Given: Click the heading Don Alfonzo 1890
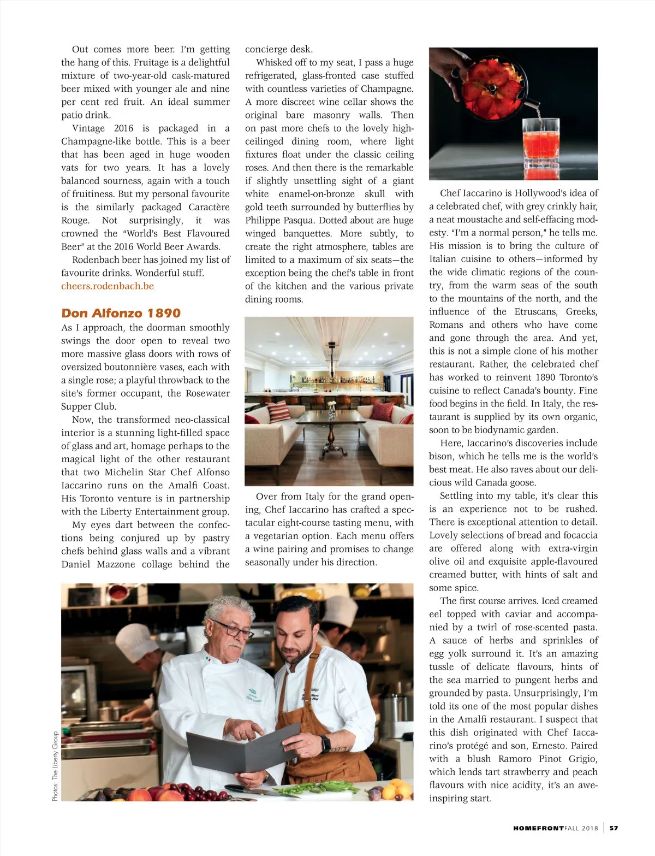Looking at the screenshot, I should (x=121, y=313).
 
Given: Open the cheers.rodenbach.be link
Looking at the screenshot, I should (x=108, y=286).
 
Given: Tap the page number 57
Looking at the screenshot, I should (x=614, y=828).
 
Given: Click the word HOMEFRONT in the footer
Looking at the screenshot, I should (x=538, y=828).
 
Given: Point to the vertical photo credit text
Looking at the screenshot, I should (x=55, y=766).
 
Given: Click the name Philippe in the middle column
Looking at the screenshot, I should (x=264, y=221).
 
